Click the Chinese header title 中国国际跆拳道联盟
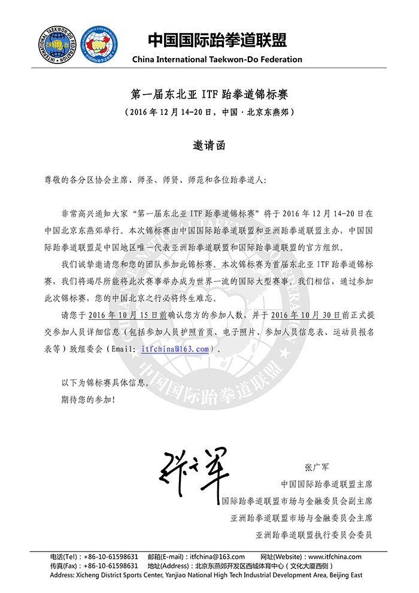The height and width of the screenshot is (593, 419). (x=217, y=40)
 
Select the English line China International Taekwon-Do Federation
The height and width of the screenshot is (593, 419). (x=217, y=59)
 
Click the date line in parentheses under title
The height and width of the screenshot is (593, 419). (x=209, y=113)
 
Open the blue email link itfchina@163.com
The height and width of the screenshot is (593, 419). (x=175, y=349)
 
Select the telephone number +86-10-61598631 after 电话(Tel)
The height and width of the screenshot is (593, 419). (x=111, y=556)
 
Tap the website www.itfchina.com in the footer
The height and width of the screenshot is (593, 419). (x=335, y=556)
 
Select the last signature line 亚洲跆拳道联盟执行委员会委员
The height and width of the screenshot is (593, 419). (x=314, y=534)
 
